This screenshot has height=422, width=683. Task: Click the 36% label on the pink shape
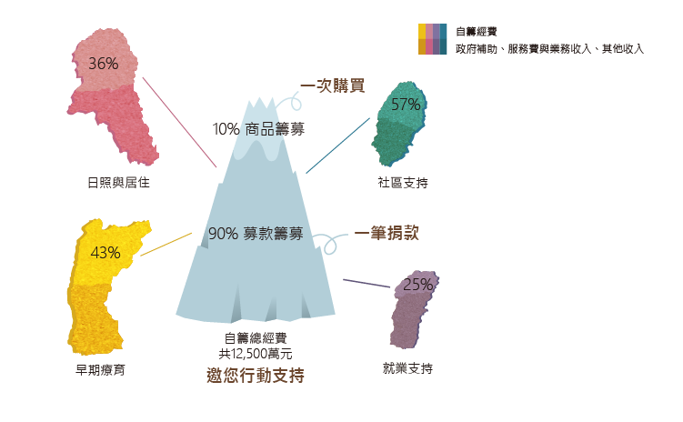coord(104,64)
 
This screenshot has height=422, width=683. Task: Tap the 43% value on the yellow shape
coord(105,252)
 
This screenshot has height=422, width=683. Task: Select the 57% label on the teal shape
coord(405,104)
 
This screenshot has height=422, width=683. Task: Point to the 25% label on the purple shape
coord(417,284)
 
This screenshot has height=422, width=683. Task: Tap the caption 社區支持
coord(402,183)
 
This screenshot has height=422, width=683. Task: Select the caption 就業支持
coord(407,368)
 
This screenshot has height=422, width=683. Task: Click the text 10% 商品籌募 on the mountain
coord(258,129)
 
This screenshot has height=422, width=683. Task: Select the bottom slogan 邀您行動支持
coord(255,375)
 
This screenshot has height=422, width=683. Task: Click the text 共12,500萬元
coord(255,353)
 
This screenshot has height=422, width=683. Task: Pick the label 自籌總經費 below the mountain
coord(255,338)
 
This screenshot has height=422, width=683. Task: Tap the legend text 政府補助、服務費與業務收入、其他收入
coord(549,48)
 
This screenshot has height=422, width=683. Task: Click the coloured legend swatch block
coord(432,40)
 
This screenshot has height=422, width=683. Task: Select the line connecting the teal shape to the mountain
coord(337,144)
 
